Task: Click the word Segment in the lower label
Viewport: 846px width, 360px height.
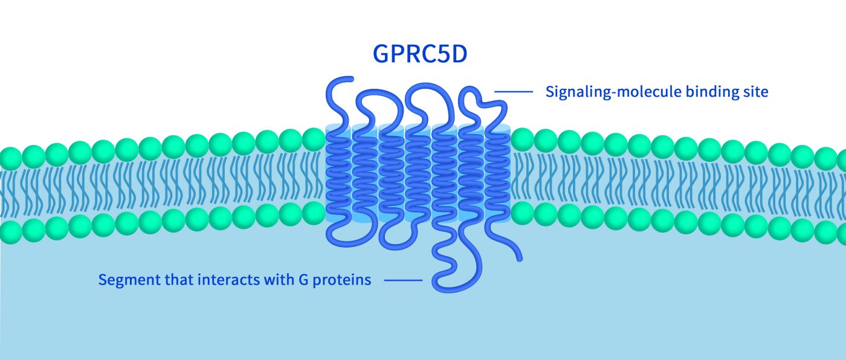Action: point(123,280)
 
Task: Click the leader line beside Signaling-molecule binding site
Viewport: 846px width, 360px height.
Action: point(514,92)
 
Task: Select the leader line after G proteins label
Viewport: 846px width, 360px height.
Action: point(403,280)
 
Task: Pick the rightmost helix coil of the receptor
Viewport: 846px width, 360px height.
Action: point(497,175)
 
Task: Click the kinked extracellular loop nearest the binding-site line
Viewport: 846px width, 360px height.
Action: point(477,97)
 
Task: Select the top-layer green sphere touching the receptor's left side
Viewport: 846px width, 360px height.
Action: point(313,140)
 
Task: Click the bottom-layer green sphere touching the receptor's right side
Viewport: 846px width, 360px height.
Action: point(523,213)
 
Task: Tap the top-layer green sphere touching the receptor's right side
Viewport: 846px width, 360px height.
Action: point(523,140)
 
